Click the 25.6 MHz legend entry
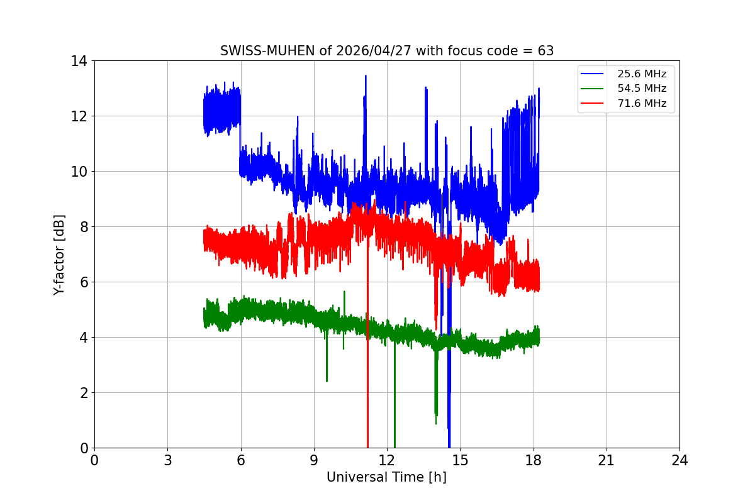coord(642,74)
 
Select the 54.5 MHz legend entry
coord(642,89)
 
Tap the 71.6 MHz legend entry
coord(642,103)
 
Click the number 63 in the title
coord(545,51)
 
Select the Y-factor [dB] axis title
coord(59,254)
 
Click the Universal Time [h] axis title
coord(386,477)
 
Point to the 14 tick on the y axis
coord(79,61)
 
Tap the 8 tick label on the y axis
coord(82,227)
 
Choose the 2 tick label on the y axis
coord(82,393)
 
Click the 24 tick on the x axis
coord(679,460)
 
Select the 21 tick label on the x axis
coord(606,460)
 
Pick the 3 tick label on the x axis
coord(167,460)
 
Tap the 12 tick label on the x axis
coord(387,460)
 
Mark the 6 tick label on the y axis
coord(82,282)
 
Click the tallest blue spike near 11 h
coord(366,77)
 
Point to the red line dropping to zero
coord(367,377)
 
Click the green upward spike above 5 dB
coord(344,292)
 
